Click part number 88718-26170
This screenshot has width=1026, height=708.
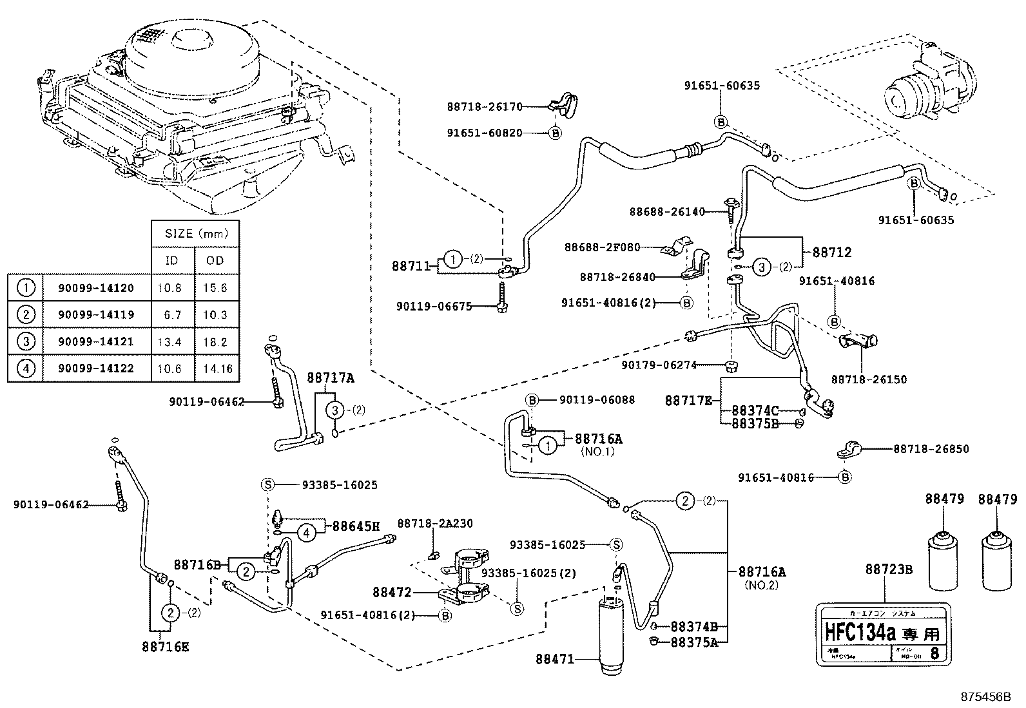coord(484,108)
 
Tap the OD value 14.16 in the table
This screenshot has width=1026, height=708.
coord(215,369)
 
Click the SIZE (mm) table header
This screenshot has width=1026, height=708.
coord(195,234)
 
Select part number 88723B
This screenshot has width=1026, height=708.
coord(889,570)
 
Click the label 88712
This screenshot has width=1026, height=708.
coord(831,253)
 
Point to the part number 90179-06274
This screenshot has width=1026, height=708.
coord(659,365)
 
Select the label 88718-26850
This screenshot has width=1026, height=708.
coord(931,449)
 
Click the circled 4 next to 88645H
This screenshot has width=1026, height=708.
coord(307,532)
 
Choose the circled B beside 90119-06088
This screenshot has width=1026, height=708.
coord(532,400)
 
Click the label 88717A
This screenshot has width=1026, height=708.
coord(330,378)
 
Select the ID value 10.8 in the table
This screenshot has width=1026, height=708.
coord(169,288)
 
